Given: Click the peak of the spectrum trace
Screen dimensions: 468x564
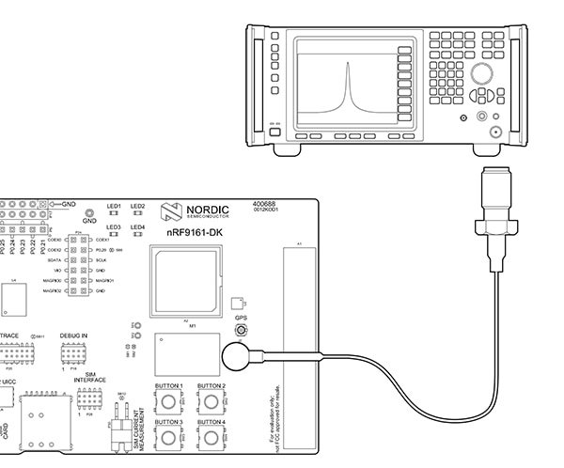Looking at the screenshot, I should (347, 64).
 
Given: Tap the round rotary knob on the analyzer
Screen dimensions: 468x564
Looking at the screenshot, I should (482, 75).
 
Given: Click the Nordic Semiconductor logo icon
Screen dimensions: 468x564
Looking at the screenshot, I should (171, 211).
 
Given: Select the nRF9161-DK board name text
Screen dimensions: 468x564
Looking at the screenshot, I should (195, 231).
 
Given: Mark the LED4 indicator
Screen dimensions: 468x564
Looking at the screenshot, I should (137, 236).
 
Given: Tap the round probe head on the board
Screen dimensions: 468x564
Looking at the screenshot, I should (235, 356).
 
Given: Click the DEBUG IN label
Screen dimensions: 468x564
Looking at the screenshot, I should (73, 335).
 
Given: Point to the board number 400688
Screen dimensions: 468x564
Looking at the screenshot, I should (265, 203).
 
